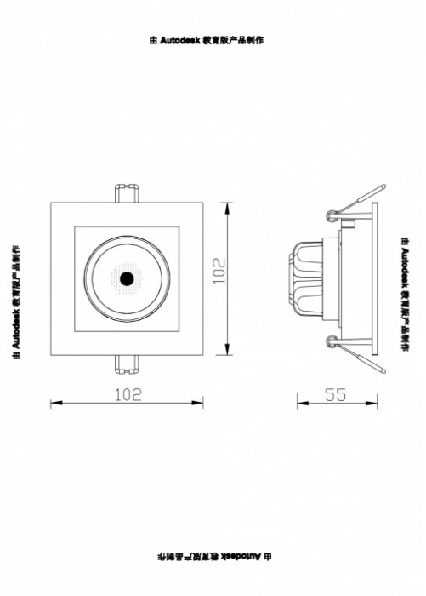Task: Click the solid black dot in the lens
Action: pyautogui.click(x=127, y=278)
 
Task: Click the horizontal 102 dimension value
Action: pyautogui.click(x=128, y=394)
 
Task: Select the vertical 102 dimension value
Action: pyautogui.click(x=219, y=271)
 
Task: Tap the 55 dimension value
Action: pyautogui.click(x=336, y=395)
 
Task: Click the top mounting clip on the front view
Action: pyautogui.click(x=127, y=193)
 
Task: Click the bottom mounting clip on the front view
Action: pyautogui.click(x=127, y=364)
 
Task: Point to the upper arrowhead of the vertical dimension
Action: pyautogui.click(x=227, y=209)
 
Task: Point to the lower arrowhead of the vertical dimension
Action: pyautogui.click(x=227, y=349)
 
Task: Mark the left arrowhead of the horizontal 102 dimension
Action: pyautogui.click(x=57, y=402)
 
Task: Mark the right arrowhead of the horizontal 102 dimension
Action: pyautogui.click(x=197, y=402)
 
